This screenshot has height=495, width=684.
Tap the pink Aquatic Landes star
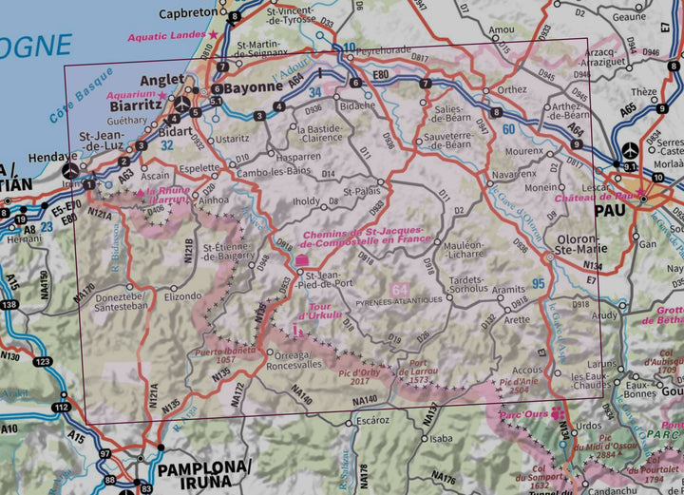tap(214, 35)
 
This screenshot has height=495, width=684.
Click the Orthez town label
tap(511, 89)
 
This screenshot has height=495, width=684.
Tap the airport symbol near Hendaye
tap(70, 171)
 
